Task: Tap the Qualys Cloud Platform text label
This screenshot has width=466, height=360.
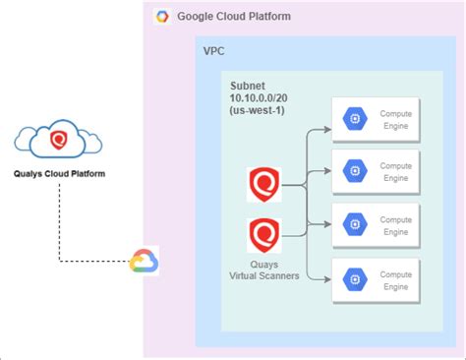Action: (x=61, y=174)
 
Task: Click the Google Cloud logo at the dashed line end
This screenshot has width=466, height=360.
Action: (x=144, y=262)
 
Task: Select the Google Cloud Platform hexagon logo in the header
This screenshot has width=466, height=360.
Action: (x=162, y=17)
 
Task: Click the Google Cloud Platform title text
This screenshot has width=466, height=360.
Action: (x=233, y=17)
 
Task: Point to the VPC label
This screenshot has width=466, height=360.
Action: (x=214, y=49)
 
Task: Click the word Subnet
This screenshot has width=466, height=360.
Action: (x=249, y=87)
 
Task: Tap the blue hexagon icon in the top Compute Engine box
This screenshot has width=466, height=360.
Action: (x=353, y=120)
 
